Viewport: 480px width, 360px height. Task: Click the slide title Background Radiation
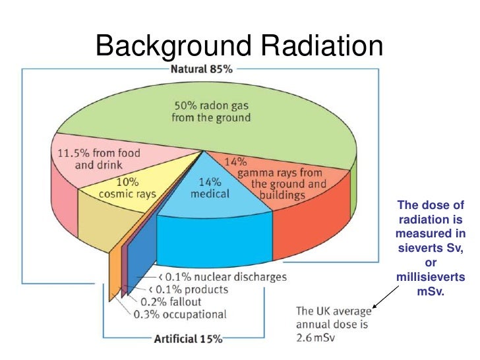pyautogui.click(x=239, y=47)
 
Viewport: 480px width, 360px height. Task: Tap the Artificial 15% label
pyautogui.click(x=189, y=339)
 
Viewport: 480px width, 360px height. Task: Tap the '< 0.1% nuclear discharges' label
pyautogui.click(x=217, y=277)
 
